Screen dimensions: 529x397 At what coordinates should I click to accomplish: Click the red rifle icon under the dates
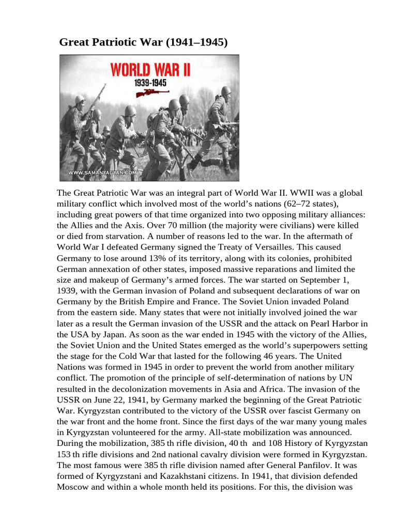pos(152,93)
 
